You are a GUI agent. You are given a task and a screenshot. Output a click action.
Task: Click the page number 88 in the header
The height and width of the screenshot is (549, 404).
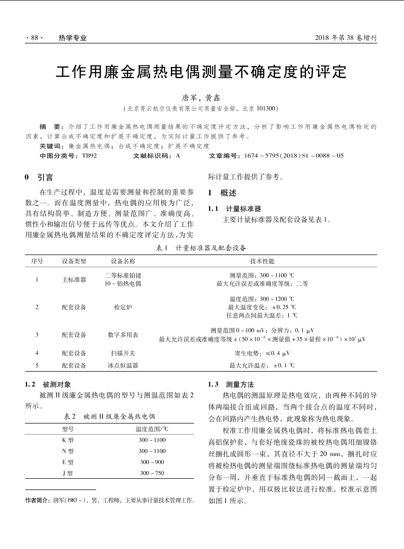click(x=34, y=38)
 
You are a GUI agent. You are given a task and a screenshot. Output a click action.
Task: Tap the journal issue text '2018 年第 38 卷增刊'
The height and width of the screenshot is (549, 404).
click(x=346, y=38)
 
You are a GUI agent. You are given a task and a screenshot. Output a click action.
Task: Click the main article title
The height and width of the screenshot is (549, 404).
click(x=201, y=72)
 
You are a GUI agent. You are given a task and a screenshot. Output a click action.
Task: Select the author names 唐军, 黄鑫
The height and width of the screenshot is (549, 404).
click(x=201, y=98)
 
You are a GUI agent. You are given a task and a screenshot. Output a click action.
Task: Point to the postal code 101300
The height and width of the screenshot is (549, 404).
click(x=266, y=109)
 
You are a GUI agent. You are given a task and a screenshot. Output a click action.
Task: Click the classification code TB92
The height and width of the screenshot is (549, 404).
click(x=89, y=156)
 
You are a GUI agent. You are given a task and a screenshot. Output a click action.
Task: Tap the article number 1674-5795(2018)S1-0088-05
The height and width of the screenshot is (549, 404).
click(x=294, y=156)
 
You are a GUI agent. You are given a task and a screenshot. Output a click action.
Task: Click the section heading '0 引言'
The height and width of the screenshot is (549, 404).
click(x=39, y=178)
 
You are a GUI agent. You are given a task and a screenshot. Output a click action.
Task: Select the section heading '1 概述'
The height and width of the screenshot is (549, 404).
click(x=222, y=193)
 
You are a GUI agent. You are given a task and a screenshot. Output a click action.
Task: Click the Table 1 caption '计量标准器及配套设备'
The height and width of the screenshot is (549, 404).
click(x=210, y=248)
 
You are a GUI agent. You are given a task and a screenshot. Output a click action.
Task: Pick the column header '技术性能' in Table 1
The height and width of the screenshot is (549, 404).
click(x=262, y=261)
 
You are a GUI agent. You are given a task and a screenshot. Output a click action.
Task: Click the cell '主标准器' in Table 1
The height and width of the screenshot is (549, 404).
click(x=74, y=280)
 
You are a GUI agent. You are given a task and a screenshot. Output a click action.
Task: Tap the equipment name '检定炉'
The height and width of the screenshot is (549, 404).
click(x=123, y=307)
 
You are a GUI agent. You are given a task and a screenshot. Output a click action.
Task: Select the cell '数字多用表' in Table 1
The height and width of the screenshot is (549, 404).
click(x=123, y=335)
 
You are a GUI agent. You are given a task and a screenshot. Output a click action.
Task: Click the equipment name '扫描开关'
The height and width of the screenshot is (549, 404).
click(x=123, y=353)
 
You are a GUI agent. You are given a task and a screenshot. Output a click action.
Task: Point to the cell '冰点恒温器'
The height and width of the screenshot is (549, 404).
click(x=123, y=365)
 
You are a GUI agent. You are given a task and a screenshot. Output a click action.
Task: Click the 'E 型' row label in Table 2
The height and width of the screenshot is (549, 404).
click(x=68, y=462)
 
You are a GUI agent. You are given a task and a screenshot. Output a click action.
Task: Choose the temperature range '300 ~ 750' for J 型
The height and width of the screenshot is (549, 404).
click(x=152, y=473)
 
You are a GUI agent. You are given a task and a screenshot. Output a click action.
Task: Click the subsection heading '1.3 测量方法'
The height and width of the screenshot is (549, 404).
click(x=231, y=385)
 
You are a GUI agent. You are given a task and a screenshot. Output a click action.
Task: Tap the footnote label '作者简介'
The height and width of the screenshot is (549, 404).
click(x=37, y=501)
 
